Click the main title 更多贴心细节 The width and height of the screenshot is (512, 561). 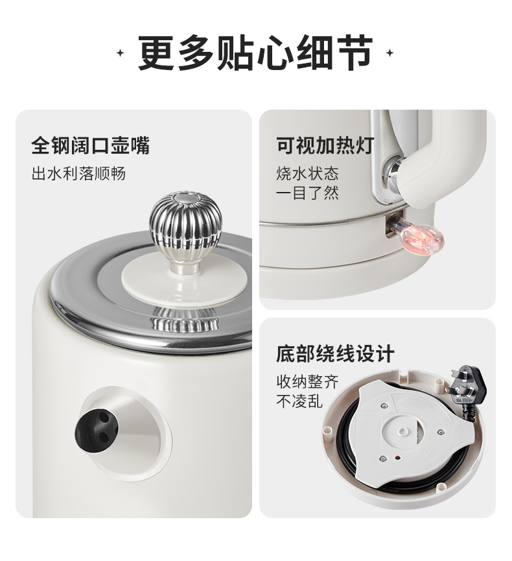255,53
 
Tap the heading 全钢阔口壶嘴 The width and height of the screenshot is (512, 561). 91,145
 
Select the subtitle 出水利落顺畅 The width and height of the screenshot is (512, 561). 78,174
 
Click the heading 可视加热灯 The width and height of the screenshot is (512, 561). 325,145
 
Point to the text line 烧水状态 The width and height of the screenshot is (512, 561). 307,174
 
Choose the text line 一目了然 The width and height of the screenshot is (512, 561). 307,193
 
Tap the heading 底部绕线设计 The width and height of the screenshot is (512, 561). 335,353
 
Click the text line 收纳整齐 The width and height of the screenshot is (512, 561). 307,381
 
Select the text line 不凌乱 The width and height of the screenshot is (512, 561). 299,401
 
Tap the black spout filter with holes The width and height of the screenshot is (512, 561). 97,425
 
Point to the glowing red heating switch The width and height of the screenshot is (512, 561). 422,237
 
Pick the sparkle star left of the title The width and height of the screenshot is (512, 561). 121,53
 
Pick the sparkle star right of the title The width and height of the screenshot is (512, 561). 390,53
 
